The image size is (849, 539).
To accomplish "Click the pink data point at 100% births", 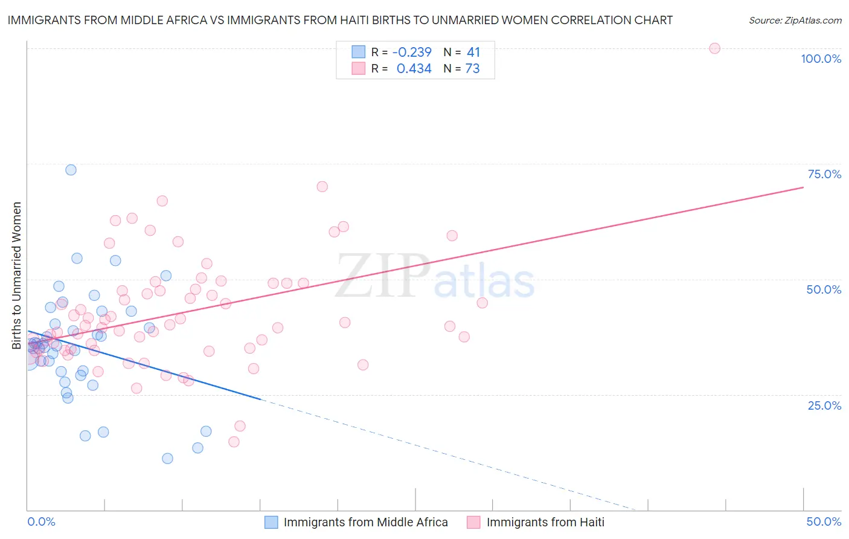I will [714, 48].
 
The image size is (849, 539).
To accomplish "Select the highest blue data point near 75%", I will [71, 170].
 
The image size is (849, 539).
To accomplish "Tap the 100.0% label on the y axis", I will [821, 59].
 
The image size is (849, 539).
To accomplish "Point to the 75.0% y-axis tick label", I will [824, 174].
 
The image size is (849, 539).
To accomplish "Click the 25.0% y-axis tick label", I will [824, 405].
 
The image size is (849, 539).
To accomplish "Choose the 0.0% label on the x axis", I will [41, 521].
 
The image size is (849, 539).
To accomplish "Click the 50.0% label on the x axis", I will [824, 521].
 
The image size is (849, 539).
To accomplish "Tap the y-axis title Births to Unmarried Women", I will [16, 276].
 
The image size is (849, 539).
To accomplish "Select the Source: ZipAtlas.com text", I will [795, 20].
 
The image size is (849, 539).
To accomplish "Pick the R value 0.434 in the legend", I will [414, 69].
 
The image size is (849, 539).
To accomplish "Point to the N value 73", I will [472, 69].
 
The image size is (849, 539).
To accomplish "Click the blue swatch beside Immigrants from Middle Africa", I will [271, 522].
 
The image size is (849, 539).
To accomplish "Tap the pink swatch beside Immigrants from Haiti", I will [473, 522].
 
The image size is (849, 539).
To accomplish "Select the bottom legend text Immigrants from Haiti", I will [545, 522].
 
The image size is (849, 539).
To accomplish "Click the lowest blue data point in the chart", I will [167, 458].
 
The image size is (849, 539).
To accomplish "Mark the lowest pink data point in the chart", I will [234, 442].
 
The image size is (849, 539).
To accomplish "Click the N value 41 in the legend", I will [473, 52].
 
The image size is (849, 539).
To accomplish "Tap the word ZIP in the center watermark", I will [382, 277].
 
